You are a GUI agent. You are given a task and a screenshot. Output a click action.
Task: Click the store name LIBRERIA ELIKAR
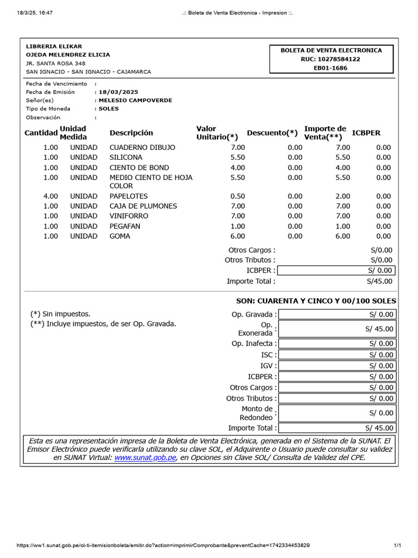(x=54, y=46)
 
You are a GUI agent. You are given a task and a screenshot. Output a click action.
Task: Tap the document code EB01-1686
(x=330, y=68)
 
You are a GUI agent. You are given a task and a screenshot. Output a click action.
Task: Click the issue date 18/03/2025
(x=118, y=92)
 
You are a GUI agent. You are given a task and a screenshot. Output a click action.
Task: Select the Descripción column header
(x=131, y=133)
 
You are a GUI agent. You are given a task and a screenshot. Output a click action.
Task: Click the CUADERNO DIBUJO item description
(x=142, y=148)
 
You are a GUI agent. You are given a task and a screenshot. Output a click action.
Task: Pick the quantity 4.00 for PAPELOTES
(x=51, y=196)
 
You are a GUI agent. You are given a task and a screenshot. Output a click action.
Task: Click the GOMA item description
(x=120, y=236)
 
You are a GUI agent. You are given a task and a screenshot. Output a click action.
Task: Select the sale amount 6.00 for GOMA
(x=342, y=236)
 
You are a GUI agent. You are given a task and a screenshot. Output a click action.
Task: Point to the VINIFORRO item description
(x=129, y=216)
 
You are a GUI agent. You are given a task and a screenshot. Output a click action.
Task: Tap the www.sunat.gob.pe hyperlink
(x=145, y=458)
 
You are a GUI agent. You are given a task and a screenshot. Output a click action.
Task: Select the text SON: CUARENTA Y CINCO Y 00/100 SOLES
(x=316, y=301)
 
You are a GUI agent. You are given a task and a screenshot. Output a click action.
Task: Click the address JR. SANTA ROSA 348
(x=56, y=63)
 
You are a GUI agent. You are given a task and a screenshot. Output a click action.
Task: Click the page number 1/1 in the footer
(x=397, y=545)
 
